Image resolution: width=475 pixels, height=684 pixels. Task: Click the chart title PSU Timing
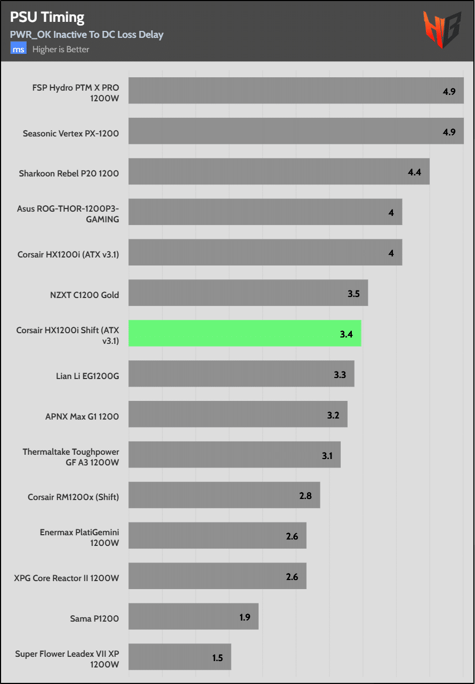click(x=47, y=18)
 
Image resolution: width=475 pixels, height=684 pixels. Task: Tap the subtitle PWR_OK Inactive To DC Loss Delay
click(x=86, y=35)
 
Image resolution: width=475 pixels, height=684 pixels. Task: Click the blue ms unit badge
click(x=19, y=49)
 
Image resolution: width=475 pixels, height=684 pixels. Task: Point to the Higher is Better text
click(x=61, y=50)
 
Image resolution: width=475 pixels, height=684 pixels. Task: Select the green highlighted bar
click(x=245, y=333)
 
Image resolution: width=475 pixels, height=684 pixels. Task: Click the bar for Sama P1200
click(x=194, y=616)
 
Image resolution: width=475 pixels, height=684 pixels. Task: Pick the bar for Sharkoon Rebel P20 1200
click(x=279, y=171)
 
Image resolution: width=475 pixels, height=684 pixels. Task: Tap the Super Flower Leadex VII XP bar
click(x=180, y=657)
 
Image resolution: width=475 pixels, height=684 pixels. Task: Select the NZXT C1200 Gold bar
click(x=248, y=293)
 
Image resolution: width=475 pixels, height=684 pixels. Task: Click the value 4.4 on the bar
click(x=414, y=172)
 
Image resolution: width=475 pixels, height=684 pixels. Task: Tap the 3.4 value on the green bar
click(x=346, y=334)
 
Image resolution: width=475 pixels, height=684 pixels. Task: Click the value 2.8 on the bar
click(x=305, y=496)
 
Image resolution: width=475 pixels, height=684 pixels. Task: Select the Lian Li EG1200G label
click(x=87, y=376)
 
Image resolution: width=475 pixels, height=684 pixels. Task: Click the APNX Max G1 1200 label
click(x=82, y=416)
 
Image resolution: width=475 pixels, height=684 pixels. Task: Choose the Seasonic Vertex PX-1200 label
click(x=71, y=133)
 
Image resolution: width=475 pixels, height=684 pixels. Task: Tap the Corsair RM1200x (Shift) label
click(x=74, y=497)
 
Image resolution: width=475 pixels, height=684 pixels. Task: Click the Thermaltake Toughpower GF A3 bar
click(x=234, y=455)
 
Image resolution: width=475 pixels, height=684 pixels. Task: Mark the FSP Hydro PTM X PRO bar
click(x=296, y=90)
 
